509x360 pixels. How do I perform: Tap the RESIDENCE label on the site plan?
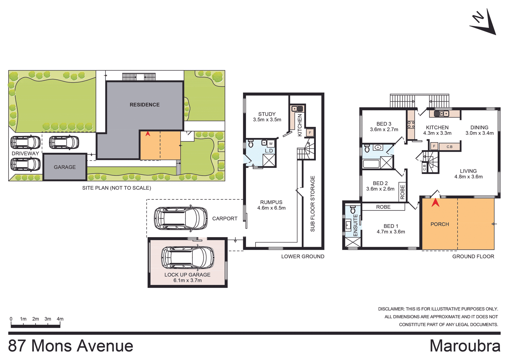[144, 105]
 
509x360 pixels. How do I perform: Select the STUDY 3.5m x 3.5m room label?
[267, 117]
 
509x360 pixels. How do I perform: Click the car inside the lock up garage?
[188, 257]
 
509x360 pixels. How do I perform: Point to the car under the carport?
[181, 218]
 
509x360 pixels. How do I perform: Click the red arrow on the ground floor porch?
[436, 203]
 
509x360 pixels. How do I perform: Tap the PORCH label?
[440, 224]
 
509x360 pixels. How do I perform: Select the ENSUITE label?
[356, 225]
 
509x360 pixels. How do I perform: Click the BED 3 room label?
[384, 127]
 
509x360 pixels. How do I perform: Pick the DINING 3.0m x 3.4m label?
[479, 130]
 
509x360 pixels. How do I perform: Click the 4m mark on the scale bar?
[60, 319]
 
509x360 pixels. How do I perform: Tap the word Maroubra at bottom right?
[465, 346]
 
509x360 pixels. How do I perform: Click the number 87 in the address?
[17, 346]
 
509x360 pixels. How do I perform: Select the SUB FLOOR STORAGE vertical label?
[313, 203]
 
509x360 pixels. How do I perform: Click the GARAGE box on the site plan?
[65, 167]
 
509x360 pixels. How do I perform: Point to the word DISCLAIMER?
[391, 309]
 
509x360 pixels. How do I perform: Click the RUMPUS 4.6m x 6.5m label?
[271, 205]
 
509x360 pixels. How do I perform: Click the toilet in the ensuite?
[353, 210]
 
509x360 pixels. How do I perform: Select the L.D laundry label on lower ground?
[269, 151]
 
